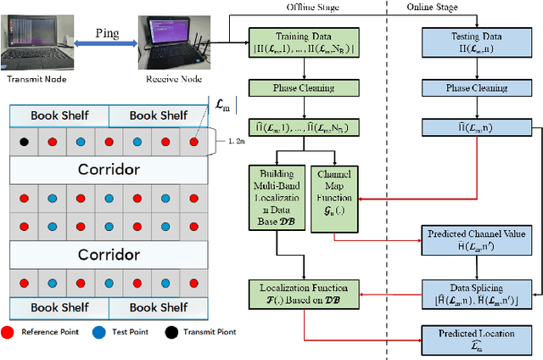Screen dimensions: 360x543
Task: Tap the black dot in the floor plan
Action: point(25,142)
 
